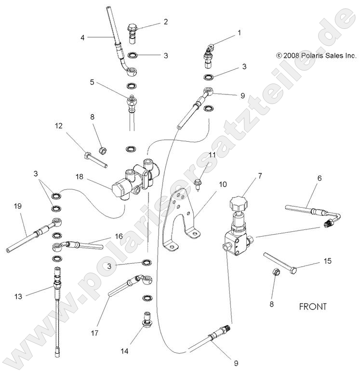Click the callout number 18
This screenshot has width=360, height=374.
(x=79, y=177)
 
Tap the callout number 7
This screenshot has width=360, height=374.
(x=260, y=176)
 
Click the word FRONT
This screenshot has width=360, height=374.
(x=313, y=306)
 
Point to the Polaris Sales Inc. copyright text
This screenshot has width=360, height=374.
(x=316, y=55)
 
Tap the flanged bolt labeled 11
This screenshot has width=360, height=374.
(x=199, y=182)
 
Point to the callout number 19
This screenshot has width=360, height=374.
(x=18, y=206)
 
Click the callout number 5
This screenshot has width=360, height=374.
(x=92, y=82)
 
